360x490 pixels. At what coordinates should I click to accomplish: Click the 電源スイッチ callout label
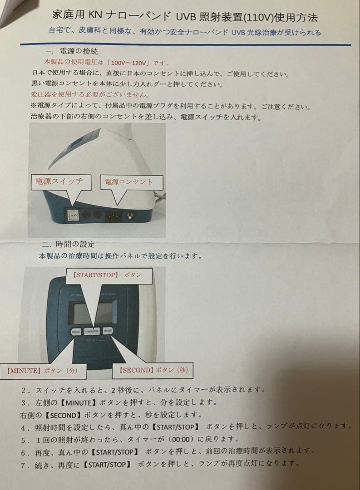point(59,181)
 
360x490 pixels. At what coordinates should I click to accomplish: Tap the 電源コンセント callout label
point(129,182)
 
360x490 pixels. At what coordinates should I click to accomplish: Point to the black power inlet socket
point(113,216)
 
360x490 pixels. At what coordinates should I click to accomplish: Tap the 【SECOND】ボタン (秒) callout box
point(153,370)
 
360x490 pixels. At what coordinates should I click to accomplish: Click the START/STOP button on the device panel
point(92,332)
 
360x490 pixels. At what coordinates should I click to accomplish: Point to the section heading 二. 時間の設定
point(68,244)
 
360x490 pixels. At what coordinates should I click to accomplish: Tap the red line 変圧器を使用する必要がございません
point(89,95)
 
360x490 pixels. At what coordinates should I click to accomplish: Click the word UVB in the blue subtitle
point(241,32)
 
